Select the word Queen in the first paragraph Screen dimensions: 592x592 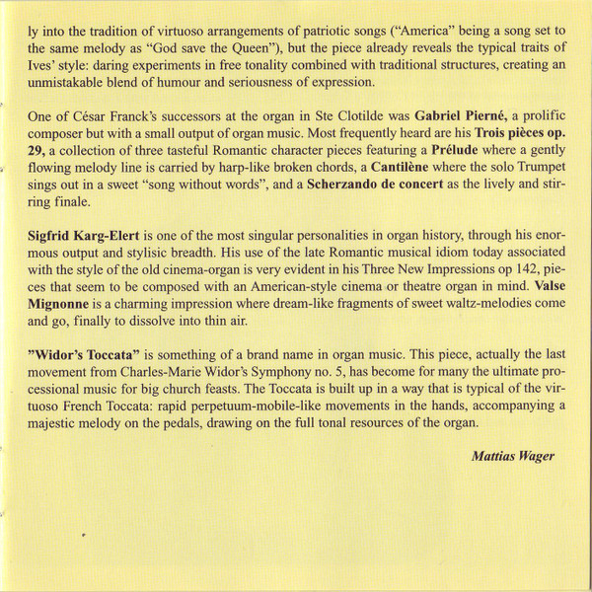324,45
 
